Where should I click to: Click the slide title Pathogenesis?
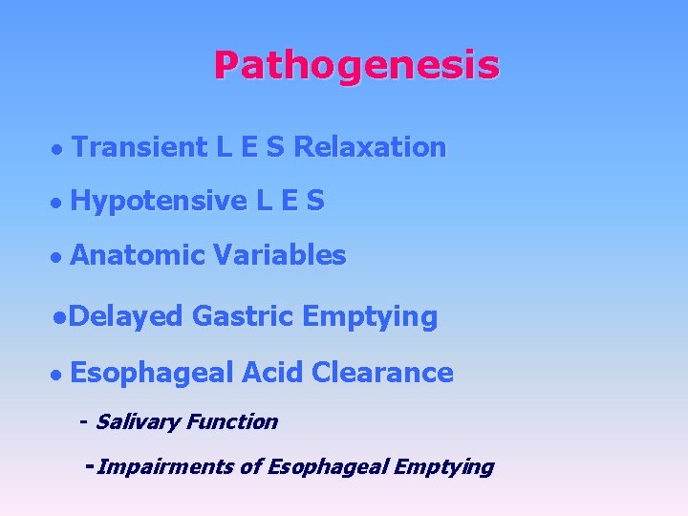click(x=355, y=66)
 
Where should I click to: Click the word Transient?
click(x=139, y=147)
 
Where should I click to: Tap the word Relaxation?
click(x=370, y=147)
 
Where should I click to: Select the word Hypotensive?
click(x=159, y=202)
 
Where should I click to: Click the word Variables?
click(x=279, y=255)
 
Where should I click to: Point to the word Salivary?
click(x=138, y=421)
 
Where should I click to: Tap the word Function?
click(x=232, y=421)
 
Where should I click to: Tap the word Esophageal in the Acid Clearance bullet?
click(x=152, y=374)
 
